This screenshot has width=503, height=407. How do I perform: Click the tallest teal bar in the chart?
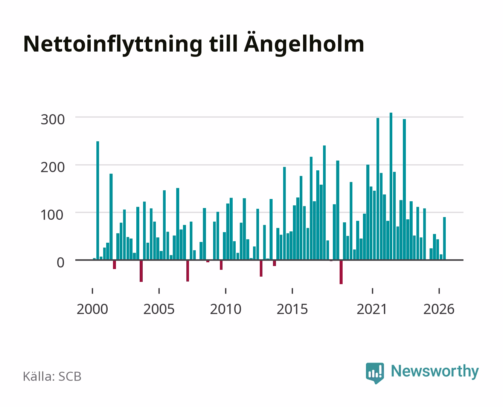click(391, 186)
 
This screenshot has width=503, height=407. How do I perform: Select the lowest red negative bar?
click(341, 272)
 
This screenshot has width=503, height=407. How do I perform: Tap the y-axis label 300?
click(53, 119)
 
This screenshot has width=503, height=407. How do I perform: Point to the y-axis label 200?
click(53, 167)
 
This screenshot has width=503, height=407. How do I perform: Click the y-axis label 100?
click(52, 215)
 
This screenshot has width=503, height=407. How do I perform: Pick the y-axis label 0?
click(61, 263)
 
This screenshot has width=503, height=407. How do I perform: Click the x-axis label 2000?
click(92, 309)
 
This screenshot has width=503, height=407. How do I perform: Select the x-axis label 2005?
click(159, 309)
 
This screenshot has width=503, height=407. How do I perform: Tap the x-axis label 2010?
click(226, 309)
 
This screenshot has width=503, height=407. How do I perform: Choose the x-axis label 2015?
click(293, 309)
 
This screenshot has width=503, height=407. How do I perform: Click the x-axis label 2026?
click(439, 309)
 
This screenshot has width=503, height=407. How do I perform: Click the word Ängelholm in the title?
click(304, 44)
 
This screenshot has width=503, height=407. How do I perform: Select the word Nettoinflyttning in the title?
click(113, 45)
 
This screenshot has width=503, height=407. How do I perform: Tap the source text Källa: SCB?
click(52, 376)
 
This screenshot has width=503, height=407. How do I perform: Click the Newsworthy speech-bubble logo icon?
click(375, 373)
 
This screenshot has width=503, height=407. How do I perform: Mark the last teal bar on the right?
click(444, 239)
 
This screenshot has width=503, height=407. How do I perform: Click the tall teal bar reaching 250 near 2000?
click(98, 200)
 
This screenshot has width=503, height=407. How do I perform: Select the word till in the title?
click(223, 44)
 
